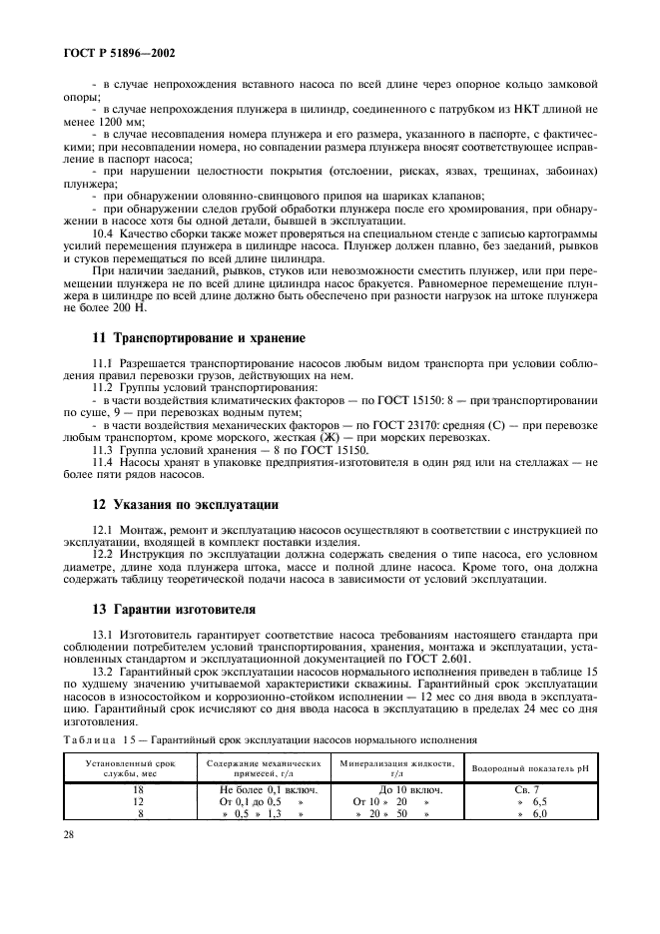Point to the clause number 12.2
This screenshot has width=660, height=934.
pos(103,553)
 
